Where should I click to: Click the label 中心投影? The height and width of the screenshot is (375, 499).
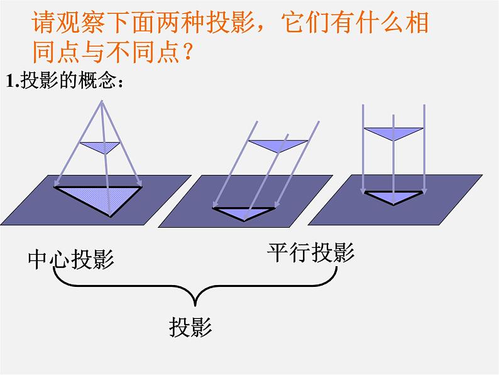click(71, 259)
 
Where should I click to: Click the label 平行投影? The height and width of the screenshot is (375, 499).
click(311, 253)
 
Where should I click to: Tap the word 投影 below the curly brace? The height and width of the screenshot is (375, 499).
click(190, 327)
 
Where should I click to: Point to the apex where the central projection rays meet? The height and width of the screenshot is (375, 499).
click(101, 101)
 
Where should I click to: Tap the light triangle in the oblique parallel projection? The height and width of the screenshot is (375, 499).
click(277, 145)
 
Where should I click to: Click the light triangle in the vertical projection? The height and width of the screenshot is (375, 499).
click(393, 133)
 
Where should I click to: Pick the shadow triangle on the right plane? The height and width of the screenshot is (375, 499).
click(393, 196)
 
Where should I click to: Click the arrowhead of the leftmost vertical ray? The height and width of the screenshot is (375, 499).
click(363, 191)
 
